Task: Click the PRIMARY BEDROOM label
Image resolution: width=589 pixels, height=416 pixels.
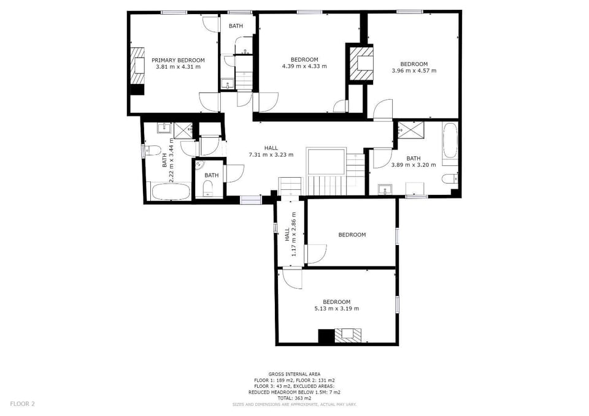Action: click(178, 60)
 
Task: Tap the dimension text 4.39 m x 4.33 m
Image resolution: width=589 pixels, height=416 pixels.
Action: click(304, 66)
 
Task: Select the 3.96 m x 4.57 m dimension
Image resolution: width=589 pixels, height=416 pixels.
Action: click(414, 70)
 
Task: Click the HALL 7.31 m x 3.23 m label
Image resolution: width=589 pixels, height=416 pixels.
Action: click(271, 151)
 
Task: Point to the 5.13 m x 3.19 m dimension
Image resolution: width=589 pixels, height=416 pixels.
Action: click(337, 309)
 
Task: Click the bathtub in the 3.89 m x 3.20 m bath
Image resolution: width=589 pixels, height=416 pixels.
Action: click(450, 141)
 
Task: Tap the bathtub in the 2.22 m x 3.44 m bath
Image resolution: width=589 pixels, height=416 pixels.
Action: click(171, 191)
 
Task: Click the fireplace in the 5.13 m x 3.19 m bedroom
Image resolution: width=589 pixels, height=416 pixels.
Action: click(348, 335)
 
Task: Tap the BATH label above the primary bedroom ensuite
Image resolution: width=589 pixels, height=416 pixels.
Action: click(236, 26)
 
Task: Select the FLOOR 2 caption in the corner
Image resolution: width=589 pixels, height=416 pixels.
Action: click(23, 404)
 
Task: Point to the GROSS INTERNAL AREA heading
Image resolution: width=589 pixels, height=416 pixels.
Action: click(294, 374)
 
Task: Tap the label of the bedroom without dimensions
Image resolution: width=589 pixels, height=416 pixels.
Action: click(352, 235)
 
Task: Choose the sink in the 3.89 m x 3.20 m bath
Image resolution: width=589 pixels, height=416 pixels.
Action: click(384, 189)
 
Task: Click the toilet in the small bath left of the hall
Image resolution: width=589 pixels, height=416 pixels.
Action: click(207, 188)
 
